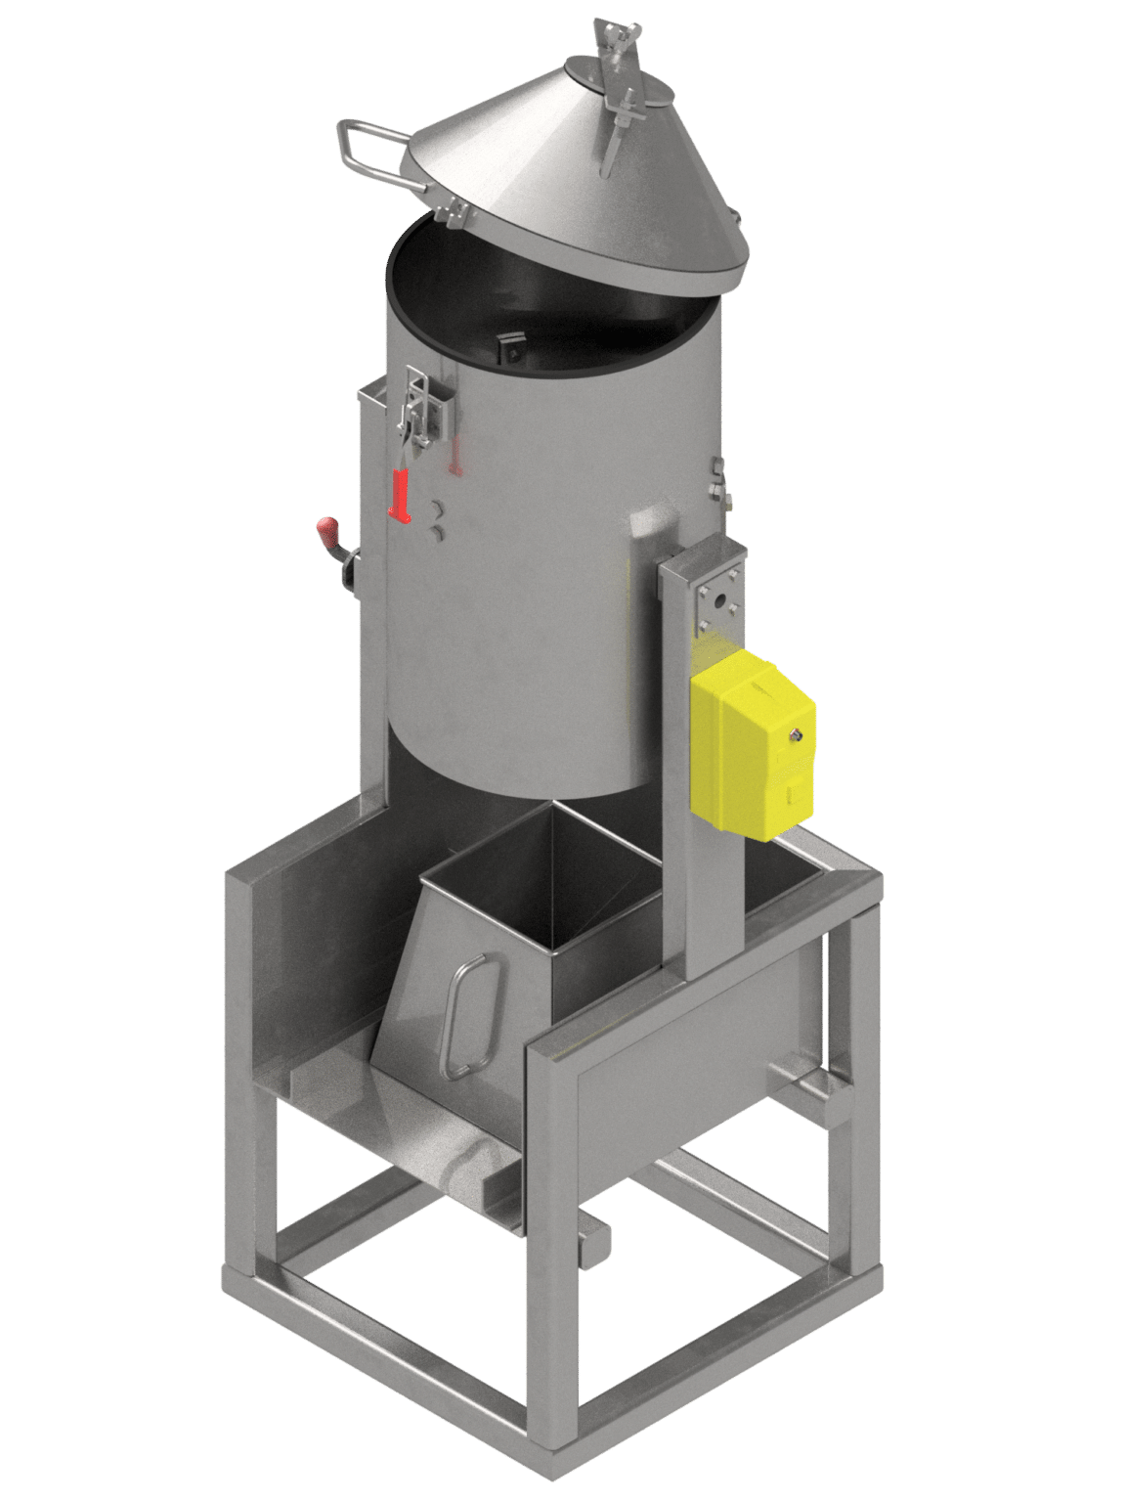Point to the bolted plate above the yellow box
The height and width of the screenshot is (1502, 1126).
(x=718, y=596)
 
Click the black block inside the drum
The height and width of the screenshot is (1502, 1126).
(x=508, y=346)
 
